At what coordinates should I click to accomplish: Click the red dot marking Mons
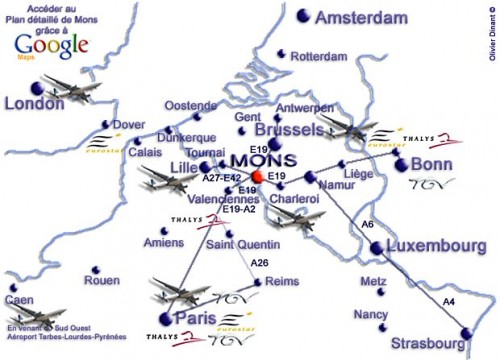pos(257,177)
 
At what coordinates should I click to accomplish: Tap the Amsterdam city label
pos(362,18)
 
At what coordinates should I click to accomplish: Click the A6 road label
pos(367,224)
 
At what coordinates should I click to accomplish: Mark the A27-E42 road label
pos(222,178)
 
